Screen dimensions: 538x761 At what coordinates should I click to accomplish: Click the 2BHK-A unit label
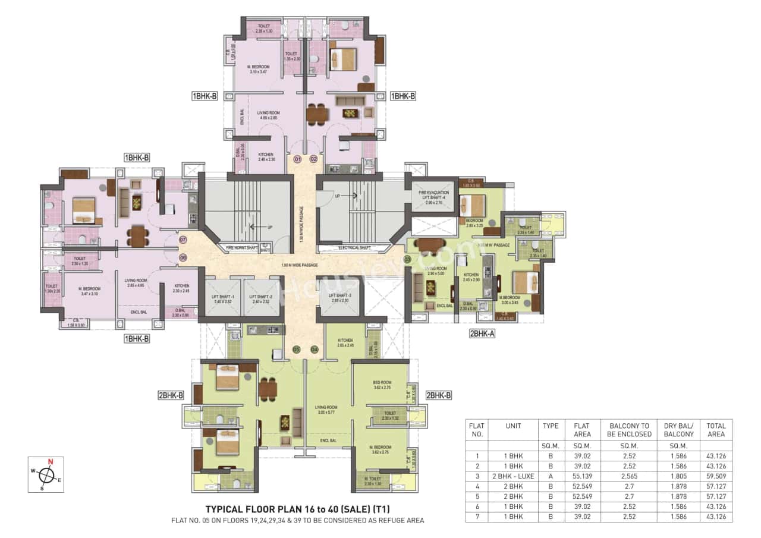click(x=482, y=334)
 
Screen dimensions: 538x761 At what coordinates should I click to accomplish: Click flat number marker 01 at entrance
click(x=297, y=159)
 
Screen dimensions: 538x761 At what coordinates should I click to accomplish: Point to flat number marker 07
click(x=183, y=240)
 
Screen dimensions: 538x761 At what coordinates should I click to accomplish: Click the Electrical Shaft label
click(x=354, y=247)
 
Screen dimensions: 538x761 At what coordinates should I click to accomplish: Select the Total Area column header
click(x=716, y=429)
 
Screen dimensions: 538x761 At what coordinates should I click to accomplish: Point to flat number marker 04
click(x=315, y=349)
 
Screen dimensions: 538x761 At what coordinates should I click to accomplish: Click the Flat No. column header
click(x=477, y=429)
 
